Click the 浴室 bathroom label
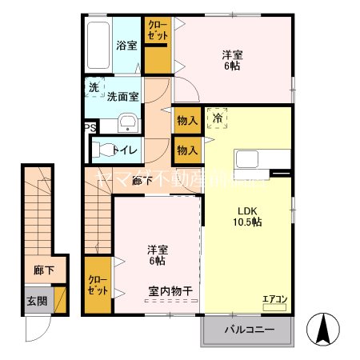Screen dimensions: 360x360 126,46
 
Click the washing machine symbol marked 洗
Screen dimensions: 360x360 94,87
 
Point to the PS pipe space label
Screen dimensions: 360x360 90,127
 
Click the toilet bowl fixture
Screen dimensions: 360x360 104,149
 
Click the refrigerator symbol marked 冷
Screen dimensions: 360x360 217,118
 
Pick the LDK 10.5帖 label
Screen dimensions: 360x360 245,217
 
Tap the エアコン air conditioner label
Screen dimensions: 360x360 274,299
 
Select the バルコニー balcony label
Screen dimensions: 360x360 249,330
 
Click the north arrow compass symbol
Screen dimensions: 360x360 325,326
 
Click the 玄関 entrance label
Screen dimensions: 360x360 37,301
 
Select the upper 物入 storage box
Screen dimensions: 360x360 187,120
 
